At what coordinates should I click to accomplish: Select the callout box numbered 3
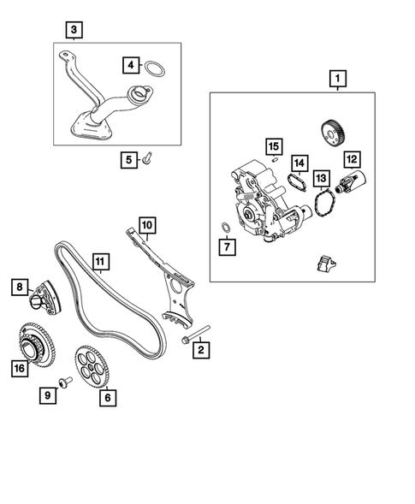tap(74, 31)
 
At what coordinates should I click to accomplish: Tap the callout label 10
tap(146, 225)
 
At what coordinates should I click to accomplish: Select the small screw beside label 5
tap(147, 158)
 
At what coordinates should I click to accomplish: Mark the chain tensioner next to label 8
tap(43, 300)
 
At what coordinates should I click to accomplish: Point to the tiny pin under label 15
tap(275, 159)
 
